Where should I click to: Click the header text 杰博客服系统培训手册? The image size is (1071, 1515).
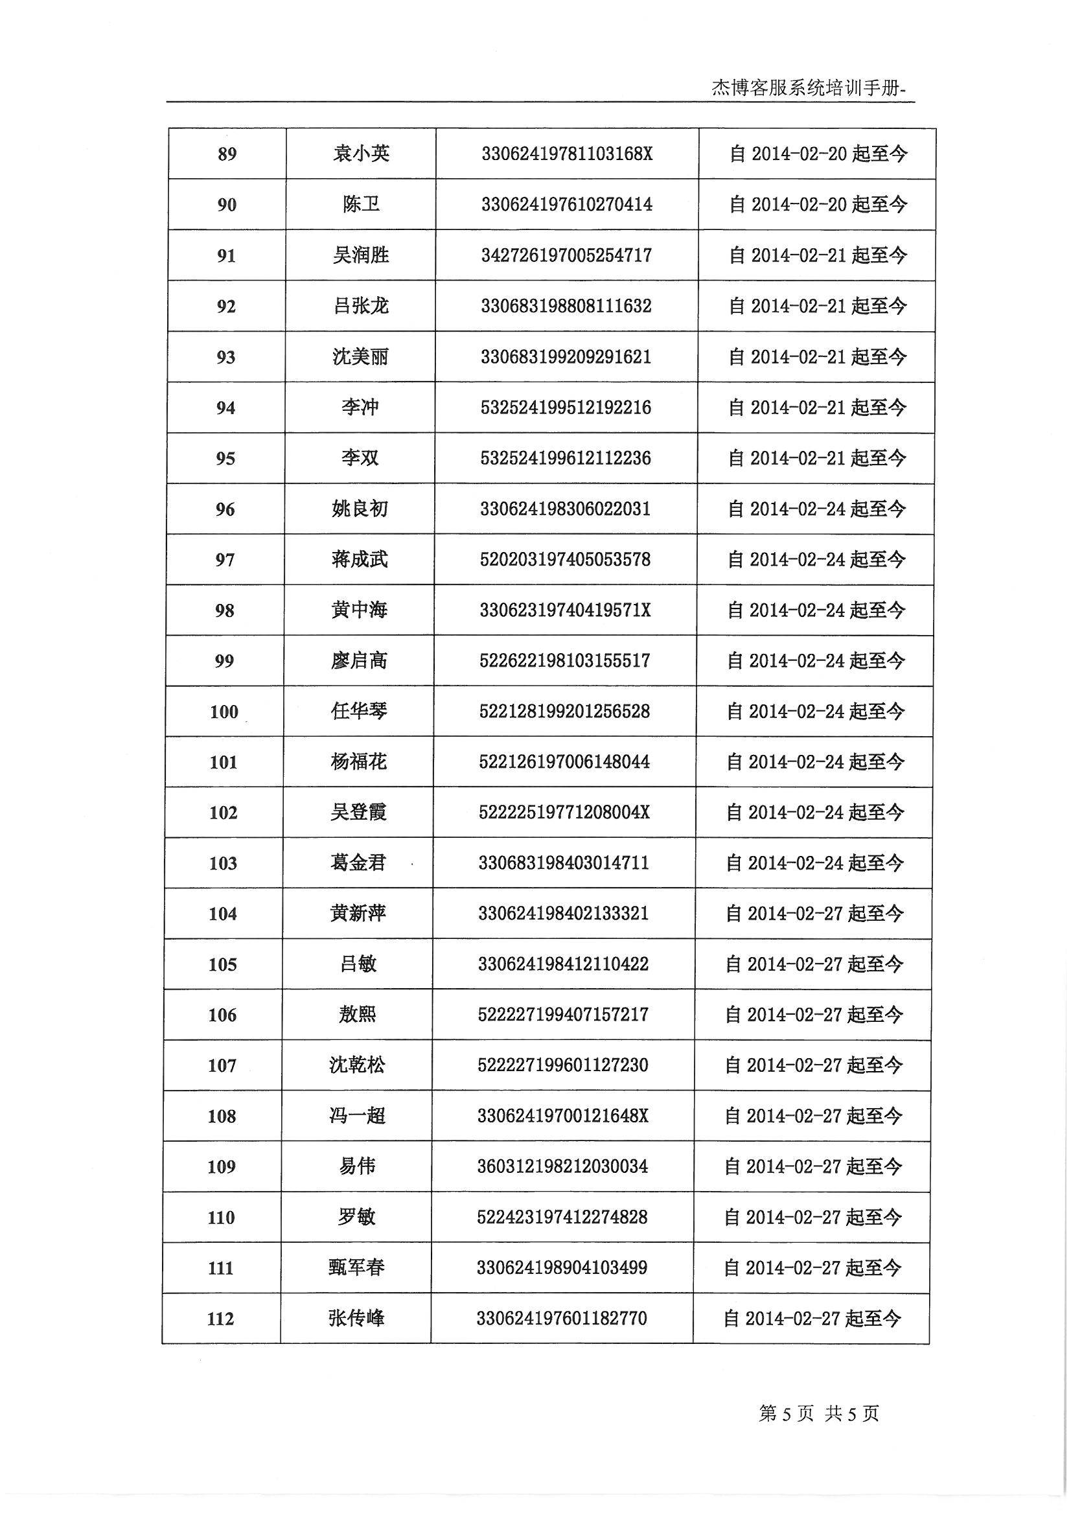click(x=811, y=88)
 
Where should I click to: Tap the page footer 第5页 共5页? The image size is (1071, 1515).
click(x=818, y=1413)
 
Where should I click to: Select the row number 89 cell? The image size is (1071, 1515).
click(x=227, y=154)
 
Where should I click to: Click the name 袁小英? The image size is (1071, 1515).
click(x=361, y=154)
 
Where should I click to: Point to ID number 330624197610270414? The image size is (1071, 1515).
click(x=566, y=205)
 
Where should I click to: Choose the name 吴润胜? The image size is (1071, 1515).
click(x=360, y=255)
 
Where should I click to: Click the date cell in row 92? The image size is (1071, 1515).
click(x=818, y=306)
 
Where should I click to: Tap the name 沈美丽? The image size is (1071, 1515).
click(x=360, y=357)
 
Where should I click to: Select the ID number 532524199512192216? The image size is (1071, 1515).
click(x=566, y=408)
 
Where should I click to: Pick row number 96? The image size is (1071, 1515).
click(x=225, y=509)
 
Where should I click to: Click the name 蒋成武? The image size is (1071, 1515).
click(x=360, y=560)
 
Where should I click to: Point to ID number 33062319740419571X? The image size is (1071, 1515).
click(x=565, y=610)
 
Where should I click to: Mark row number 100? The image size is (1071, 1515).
click(x=224, y=712)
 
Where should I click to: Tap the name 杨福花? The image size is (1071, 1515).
click(x=358, y=762)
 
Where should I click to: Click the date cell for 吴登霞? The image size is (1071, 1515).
click(x=815, y=813)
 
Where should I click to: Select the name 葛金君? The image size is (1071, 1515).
click(x=358, y=863)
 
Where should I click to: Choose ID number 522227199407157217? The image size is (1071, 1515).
click(x=563, y=1015)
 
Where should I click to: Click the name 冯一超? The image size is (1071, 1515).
click(x=357, y=1116)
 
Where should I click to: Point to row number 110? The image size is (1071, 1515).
click(x=221, y=1218)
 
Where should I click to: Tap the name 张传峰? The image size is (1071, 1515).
click(x=356, y=1319)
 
